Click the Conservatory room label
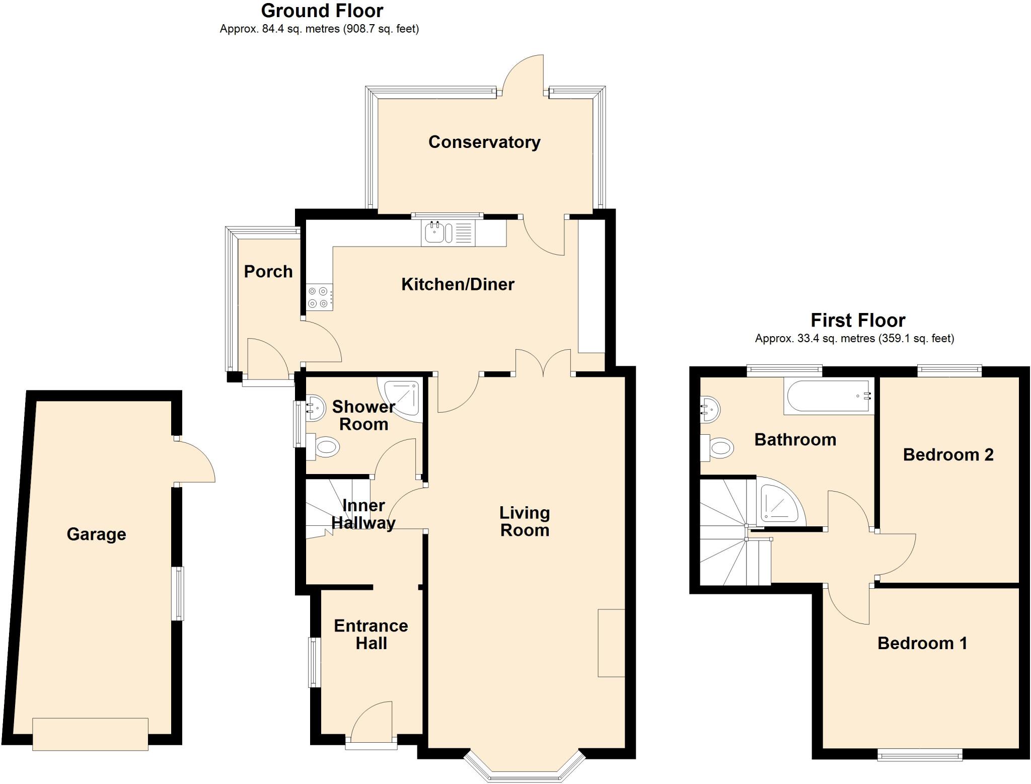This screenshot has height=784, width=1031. pyautogui.click(x=484, y=142)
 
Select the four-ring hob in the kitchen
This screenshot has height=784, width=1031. pyautogui.click(x=318, y=297)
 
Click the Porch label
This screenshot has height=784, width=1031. pyautogui.click(x=268, y=272)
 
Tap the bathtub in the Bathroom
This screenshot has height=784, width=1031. pyautogui.click(x=828, y=397)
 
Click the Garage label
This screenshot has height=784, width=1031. pyautogui.click(x=96, y=534)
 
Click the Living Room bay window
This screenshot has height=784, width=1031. pyautogui.click(x=524, y=768)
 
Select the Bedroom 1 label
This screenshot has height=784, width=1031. pyautogui.click(x=922, y=643)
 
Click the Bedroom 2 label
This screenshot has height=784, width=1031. pyautogui.click(x=948, y=455)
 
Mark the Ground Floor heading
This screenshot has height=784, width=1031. pyautogui.click(x=322, y=11)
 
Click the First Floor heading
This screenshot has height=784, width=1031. pyautogui.click(x=858, y=320)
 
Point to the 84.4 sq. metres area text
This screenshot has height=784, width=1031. pyautogui.click(x=319, y=29)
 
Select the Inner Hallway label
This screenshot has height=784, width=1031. pyautogui.click(x=363, y=514)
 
